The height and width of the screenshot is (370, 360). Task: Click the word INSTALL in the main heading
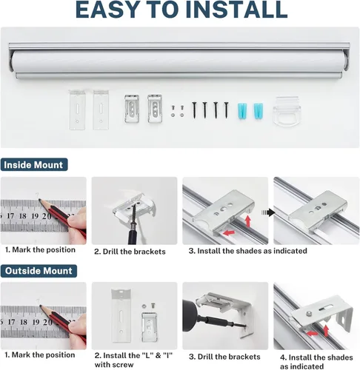(x=239, y=10)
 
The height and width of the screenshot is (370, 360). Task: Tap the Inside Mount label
(x=34, y=165)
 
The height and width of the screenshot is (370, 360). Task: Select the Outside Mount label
(x=39, y=271)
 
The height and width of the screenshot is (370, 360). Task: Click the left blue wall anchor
(x=242, y=112)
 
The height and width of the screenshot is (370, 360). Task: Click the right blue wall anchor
(x=259, y=112)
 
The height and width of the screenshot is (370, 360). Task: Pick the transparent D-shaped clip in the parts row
(x=287, y=112)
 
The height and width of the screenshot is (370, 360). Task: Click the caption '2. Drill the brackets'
(x=130, y=252)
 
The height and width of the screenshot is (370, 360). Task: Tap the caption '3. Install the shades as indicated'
(x=248, y=251)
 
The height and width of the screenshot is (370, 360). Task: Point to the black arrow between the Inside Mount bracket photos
(x=268, y=212)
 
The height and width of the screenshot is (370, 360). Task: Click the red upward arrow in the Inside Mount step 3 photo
(x=248, y=221)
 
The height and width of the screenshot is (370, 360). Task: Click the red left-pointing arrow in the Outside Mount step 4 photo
(x=312, y=333)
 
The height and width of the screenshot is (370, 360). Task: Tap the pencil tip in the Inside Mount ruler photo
(x=39, y=200)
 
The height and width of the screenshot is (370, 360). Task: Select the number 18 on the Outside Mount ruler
(x=24, y=322)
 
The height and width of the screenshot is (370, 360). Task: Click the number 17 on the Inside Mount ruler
(x=10, y=216)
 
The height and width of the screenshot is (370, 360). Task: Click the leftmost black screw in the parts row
(x=194, y=110)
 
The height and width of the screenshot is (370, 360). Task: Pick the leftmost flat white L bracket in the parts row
(x=77, y=110)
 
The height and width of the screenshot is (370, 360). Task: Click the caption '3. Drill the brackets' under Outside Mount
(x=224, y=357)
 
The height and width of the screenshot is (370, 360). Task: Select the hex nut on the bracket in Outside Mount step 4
(x=308, y=314)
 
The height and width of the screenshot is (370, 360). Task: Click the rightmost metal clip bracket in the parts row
(x=155, y=108)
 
